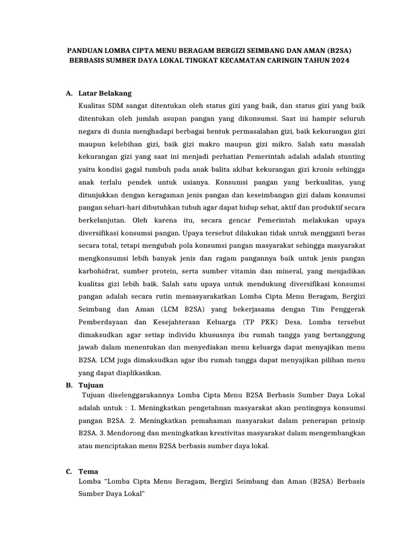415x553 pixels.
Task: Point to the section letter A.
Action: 69,93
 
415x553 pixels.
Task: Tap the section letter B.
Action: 69,385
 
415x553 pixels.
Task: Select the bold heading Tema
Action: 88,471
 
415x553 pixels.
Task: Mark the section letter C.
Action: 69,471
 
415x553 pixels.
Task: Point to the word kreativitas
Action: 222,433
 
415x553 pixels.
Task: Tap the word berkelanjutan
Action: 102,220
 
